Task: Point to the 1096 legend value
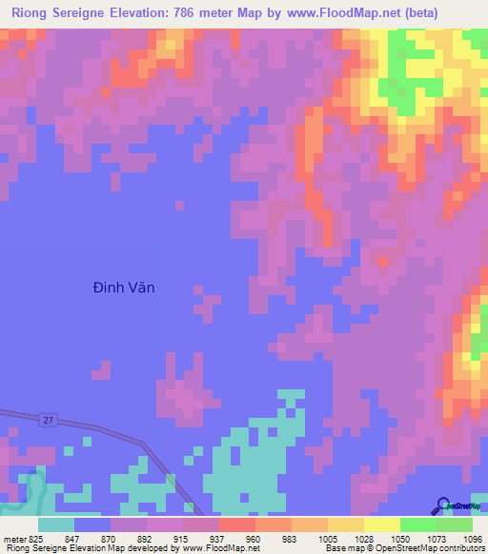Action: pos(474,538)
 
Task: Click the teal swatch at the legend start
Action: pos(56,524)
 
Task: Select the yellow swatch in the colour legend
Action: pos(381,524)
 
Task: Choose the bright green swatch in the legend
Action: pos(417,524)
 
